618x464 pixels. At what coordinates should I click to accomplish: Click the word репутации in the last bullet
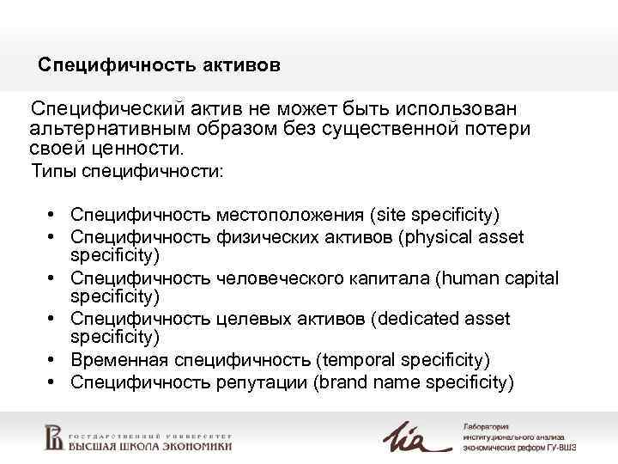[266, 382]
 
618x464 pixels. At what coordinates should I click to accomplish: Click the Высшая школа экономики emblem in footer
[55, 436]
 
